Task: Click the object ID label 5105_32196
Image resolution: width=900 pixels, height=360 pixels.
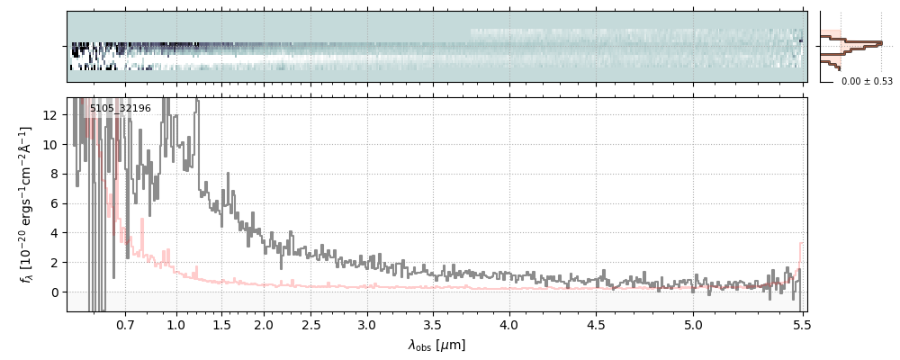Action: coord(121,109)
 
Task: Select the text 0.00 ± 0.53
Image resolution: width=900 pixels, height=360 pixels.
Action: coord(867,82)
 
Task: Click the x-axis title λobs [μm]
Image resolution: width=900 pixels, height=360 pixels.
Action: coord(436,345)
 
